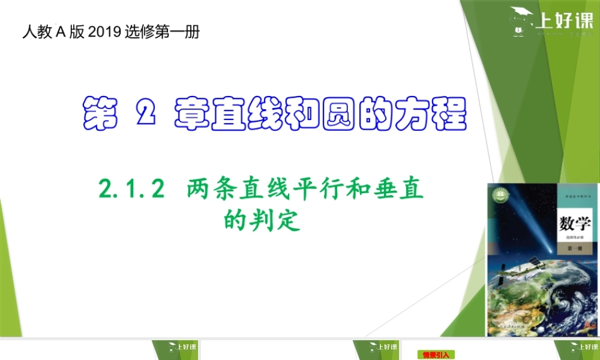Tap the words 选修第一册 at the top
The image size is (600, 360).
pos(163,32)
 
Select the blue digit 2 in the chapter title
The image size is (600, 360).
pos(146,113)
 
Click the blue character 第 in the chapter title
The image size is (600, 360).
pos(100,113)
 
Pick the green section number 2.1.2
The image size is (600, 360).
pos(131,191)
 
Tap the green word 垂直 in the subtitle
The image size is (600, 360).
pos(403,191)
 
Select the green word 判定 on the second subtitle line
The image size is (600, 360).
pos(280,221)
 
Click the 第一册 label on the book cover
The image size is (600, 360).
pos(574,248)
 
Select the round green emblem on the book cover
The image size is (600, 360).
pos(499,194)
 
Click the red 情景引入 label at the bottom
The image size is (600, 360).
pos(436,355)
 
